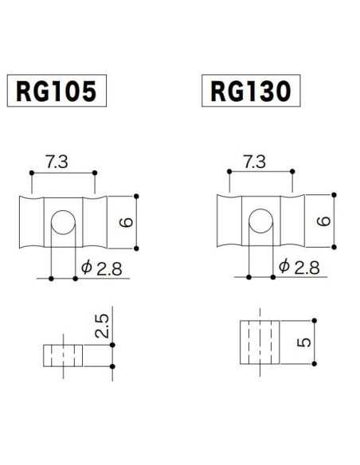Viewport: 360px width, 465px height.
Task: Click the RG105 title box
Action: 56,92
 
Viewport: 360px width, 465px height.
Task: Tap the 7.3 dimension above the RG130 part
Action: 253,162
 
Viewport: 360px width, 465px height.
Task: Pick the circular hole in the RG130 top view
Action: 259,221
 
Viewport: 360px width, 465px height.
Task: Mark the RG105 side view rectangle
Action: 63,354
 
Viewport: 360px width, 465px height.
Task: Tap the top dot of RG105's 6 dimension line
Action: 138,195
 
